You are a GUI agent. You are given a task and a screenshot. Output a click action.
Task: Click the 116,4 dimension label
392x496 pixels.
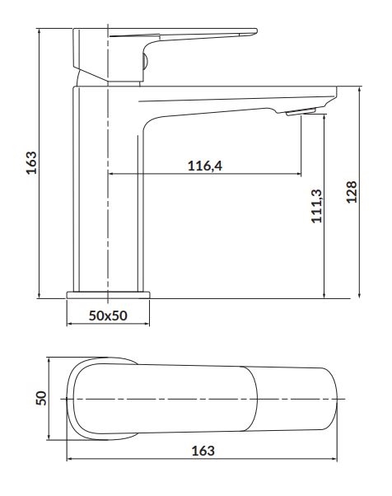tap(205, 166)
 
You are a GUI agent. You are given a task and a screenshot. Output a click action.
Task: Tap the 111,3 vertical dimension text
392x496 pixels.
tap(316, 206)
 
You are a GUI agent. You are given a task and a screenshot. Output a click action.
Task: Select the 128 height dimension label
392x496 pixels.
tap(352, 192)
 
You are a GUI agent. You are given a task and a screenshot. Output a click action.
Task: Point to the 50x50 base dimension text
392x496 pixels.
tap(108, 316)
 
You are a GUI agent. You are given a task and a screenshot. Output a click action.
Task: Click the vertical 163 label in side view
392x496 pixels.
tap(31, 162)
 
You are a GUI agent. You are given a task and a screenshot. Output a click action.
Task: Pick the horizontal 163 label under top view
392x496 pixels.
tap(203, 451)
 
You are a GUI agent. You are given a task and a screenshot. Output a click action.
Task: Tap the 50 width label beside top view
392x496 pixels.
tap(41, 398)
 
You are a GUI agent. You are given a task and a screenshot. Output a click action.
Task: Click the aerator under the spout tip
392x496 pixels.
tap(301, 112)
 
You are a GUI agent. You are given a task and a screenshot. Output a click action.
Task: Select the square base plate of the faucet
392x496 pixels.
tap(108, 295)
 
